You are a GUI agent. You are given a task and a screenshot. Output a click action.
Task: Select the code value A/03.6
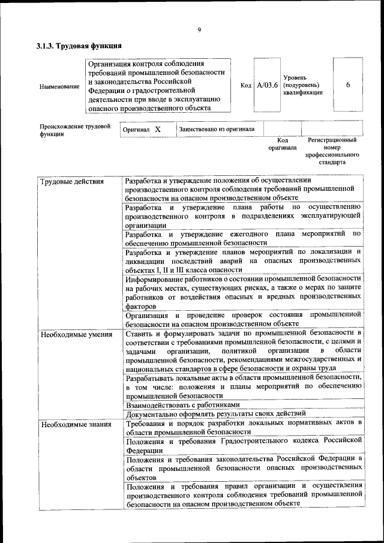pos(267,86)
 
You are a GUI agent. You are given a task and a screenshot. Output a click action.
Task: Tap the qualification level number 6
pos(349,85)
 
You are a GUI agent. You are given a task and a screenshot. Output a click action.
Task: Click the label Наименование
pos(59,86)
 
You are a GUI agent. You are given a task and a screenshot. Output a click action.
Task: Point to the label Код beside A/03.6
pos(246,86)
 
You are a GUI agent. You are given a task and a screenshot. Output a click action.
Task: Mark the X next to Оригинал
pos(158,130)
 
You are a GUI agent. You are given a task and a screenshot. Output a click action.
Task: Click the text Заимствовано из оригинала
pos(217,129)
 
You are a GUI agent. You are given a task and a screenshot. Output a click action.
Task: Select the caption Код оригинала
pos(282,144)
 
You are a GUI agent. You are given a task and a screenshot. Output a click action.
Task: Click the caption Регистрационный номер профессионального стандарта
pos(332,151)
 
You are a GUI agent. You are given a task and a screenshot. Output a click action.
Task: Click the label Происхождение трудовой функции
pos(75,131)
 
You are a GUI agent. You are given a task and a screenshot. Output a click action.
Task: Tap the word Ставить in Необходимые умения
pos(139,333)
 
